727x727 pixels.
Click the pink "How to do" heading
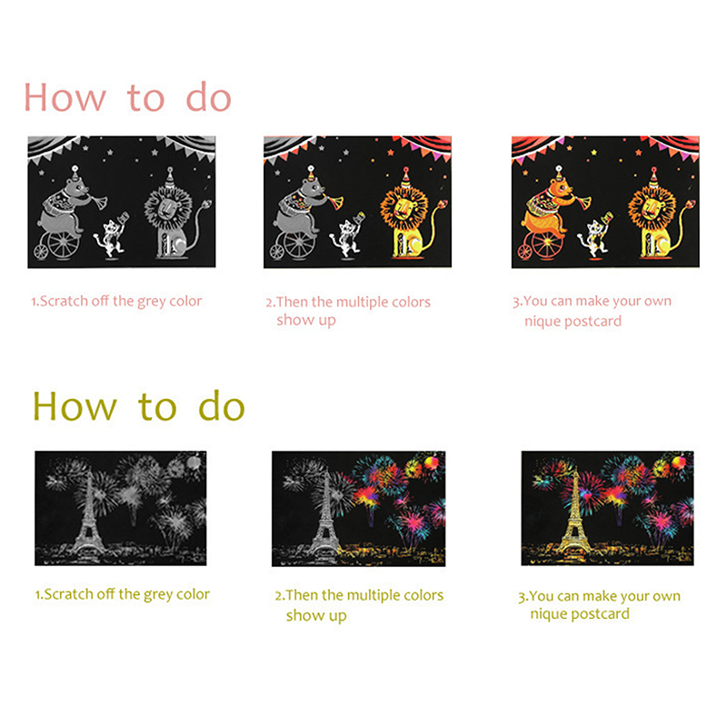(127, 97)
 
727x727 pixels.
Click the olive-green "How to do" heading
(139, 406)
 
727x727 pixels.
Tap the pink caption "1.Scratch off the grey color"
(116, 302)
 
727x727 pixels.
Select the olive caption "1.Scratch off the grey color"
(123, 594)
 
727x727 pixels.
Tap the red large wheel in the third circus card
(547, 243)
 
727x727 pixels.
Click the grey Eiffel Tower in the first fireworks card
(88, 514)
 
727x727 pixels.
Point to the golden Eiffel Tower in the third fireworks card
(575, 514)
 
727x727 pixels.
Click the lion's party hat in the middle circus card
(405, 176)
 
